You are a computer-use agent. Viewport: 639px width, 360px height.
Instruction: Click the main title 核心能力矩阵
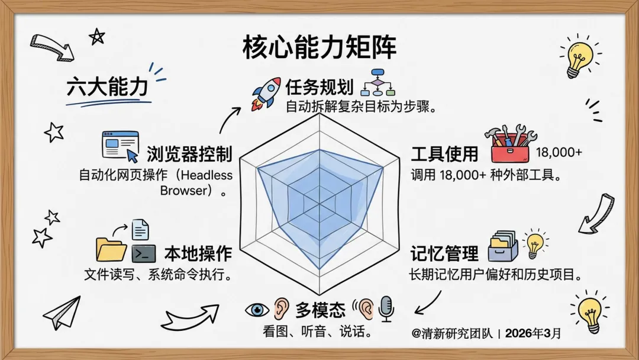(319, 48)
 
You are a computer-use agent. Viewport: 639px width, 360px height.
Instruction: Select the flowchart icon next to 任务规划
(377, 83)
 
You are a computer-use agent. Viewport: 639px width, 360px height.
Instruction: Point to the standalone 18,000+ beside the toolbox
(559, 153)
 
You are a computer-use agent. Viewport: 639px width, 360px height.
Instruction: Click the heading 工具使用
(444, 155)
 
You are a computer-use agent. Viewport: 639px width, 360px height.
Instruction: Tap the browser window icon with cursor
(121, 146)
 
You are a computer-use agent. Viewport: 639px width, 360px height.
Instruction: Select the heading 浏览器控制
(189, 155)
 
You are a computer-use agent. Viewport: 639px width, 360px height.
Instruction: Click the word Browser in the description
(184, 191)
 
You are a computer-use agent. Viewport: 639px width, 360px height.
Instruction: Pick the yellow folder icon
(111, 249)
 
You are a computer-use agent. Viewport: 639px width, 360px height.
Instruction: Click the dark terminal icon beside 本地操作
(144, 253)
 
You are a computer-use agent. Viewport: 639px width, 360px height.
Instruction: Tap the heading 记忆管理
(444, 253)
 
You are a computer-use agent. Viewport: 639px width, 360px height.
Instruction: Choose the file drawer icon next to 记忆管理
(503, 246)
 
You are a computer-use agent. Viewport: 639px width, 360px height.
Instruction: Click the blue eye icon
(257, 310)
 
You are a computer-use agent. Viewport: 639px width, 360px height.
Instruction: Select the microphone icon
(386, 308)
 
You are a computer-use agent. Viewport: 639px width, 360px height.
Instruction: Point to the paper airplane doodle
(62, 313)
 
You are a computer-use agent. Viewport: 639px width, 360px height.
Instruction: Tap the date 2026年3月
(533, 333)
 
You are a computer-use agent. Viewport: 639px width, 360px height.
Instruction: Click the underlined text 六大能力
(106, 87)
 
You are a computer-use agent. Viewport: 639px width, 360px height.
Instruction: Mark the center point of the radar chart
(319, 204)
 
